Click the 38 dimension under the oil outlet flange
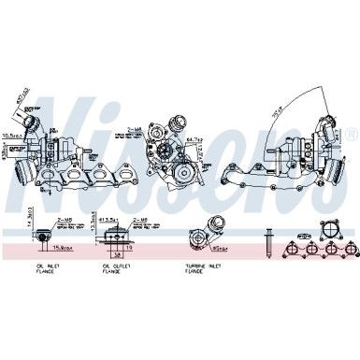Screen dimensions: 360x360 [117, 252]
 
